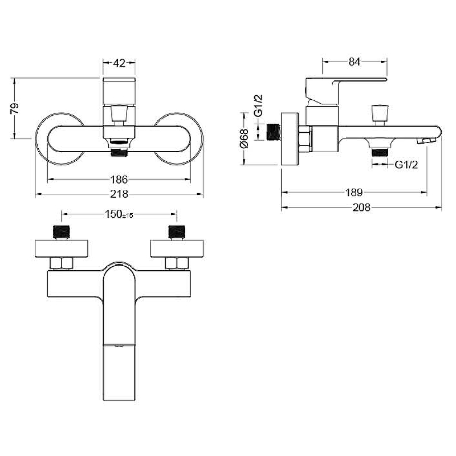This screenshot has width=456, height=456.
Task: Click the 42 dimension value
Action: (x=119, y=63)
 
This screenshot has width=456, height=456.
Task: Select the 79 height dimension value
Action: (x=14, y=108)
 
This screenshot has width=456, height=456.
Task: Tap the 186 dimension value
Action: (x=119, y=180)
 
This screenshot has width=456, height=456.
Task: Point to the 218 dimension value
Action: (x=119, y=194)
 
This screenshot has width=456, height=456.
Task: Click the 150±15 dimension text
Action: (x=119, y=214)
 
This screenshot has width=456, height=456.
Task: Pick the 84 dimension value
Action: (x=354, y=62)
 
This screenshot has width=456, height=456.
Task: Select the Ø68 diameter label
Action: (x=245, y=139)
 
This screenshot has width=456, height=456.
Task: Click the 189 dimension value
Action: (x=354, y=192)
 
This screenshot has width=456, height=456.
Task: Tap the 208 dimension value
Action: (x=361, y=207)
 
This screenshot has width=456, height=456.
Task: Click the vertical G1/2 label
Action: (x=258, y=105)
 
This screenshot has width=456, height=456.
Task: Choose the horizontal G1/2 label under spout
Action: (x=406, y=165)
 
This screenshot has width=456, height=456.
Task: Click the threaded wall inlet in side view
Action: (x=274, y=132)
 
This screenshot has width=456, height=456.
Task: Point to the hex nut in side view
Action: (x=305, y=139)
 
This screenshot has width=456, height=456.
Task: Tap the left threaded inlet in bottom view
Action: (x=61, y=233)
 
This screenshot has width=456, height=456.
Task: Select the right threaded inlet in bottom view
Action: (x=177, y=233)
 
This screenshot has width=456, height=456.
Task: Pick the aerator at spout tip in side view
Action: (x=425, y=141)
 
